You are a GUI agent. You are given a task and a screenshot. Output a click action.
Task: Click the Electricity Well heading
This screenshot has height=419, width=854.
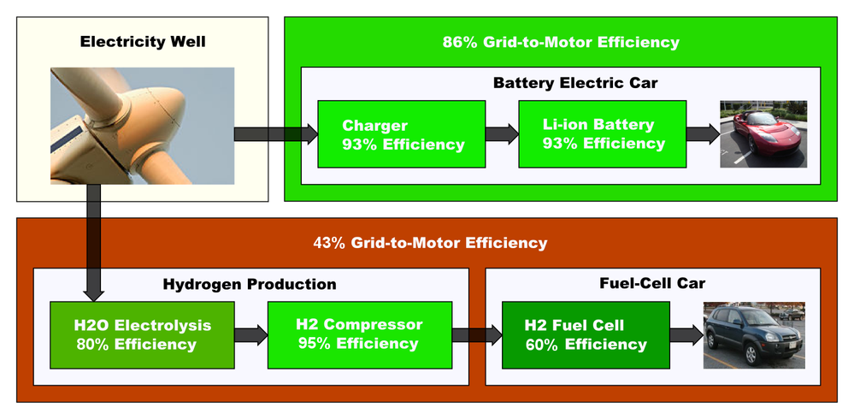click(143, 41)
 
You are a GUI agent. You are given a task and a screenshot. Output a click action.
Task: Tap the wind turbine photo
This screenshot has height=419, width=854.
click(142, 126)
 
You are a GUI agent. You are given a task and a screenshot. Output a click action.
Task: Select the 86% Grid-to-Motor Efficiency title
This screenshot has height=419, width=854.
click(561, 42)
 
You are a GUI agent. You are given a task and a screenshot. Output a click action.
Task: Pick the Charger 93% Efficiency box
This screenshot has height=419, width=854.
click(401, 134)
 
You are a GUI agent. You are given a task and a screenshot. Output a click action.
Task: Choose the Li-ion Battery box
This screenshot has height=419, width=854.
click(602, 134)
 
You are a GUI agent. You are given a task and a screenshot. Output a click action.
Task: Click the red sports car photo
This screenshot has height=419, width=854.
click(763, 134)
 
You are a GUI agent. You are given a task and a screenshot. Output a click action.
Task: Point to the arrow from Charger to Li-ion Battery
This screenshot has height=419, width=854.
click(502, 134)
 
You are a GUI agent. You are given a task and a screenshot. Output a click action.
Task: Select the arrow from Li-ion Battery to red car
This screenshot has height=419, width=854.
click(703, 134)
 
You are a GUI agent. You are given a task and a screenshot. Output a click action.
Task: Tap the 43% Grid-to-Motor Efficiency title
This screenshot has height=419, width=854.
click(430, 243)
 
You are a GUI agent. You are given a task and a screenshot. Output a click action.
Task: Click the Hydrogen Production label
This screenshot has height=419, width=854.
click(250, 284)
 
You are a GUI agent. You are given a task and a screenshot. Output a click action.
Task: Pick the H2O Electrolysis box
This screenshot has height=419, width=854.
click(141, 335)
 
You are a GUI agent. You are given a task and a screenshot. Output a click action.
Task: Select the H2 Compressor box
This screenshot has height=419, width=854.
click(359, 334)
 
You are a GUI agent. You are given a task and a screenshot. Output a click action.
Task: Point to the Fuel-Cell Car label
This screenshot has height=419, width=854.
click(653, 283)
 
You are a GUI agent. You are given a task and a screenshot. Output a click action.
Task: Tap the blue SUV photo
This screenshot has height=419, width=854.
click(753, 334)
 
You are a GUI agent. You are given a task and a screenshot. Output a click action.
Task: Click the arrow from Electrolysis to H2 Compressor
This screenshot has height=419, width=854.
click(250, 335)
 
